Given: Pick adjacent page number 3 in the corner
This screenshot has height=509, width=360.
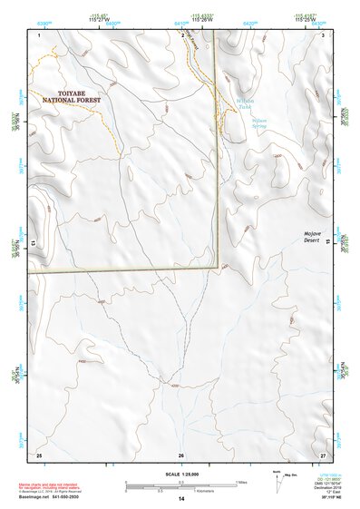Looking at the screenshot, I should [x=324, y=34].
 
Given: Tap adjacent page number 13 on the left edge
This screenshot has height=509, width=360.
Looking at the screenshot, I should [x=33, y=243].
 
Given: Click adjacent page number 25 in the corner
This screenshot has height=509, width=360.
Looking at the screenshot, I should [x=39, y=454].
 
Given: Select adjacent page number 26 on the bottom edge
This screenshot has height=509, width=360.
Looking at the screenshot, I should [x=181, y=455].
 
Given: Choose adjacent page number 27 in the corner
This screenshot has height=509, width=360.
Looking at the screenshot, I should [x=322, y=454].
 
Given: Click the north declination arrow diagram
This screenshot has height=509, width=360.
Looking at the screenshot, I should [x=279, y=481].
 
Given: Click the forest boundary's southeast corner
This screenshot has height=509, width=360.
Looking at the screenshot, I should [x=218, y=269].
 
